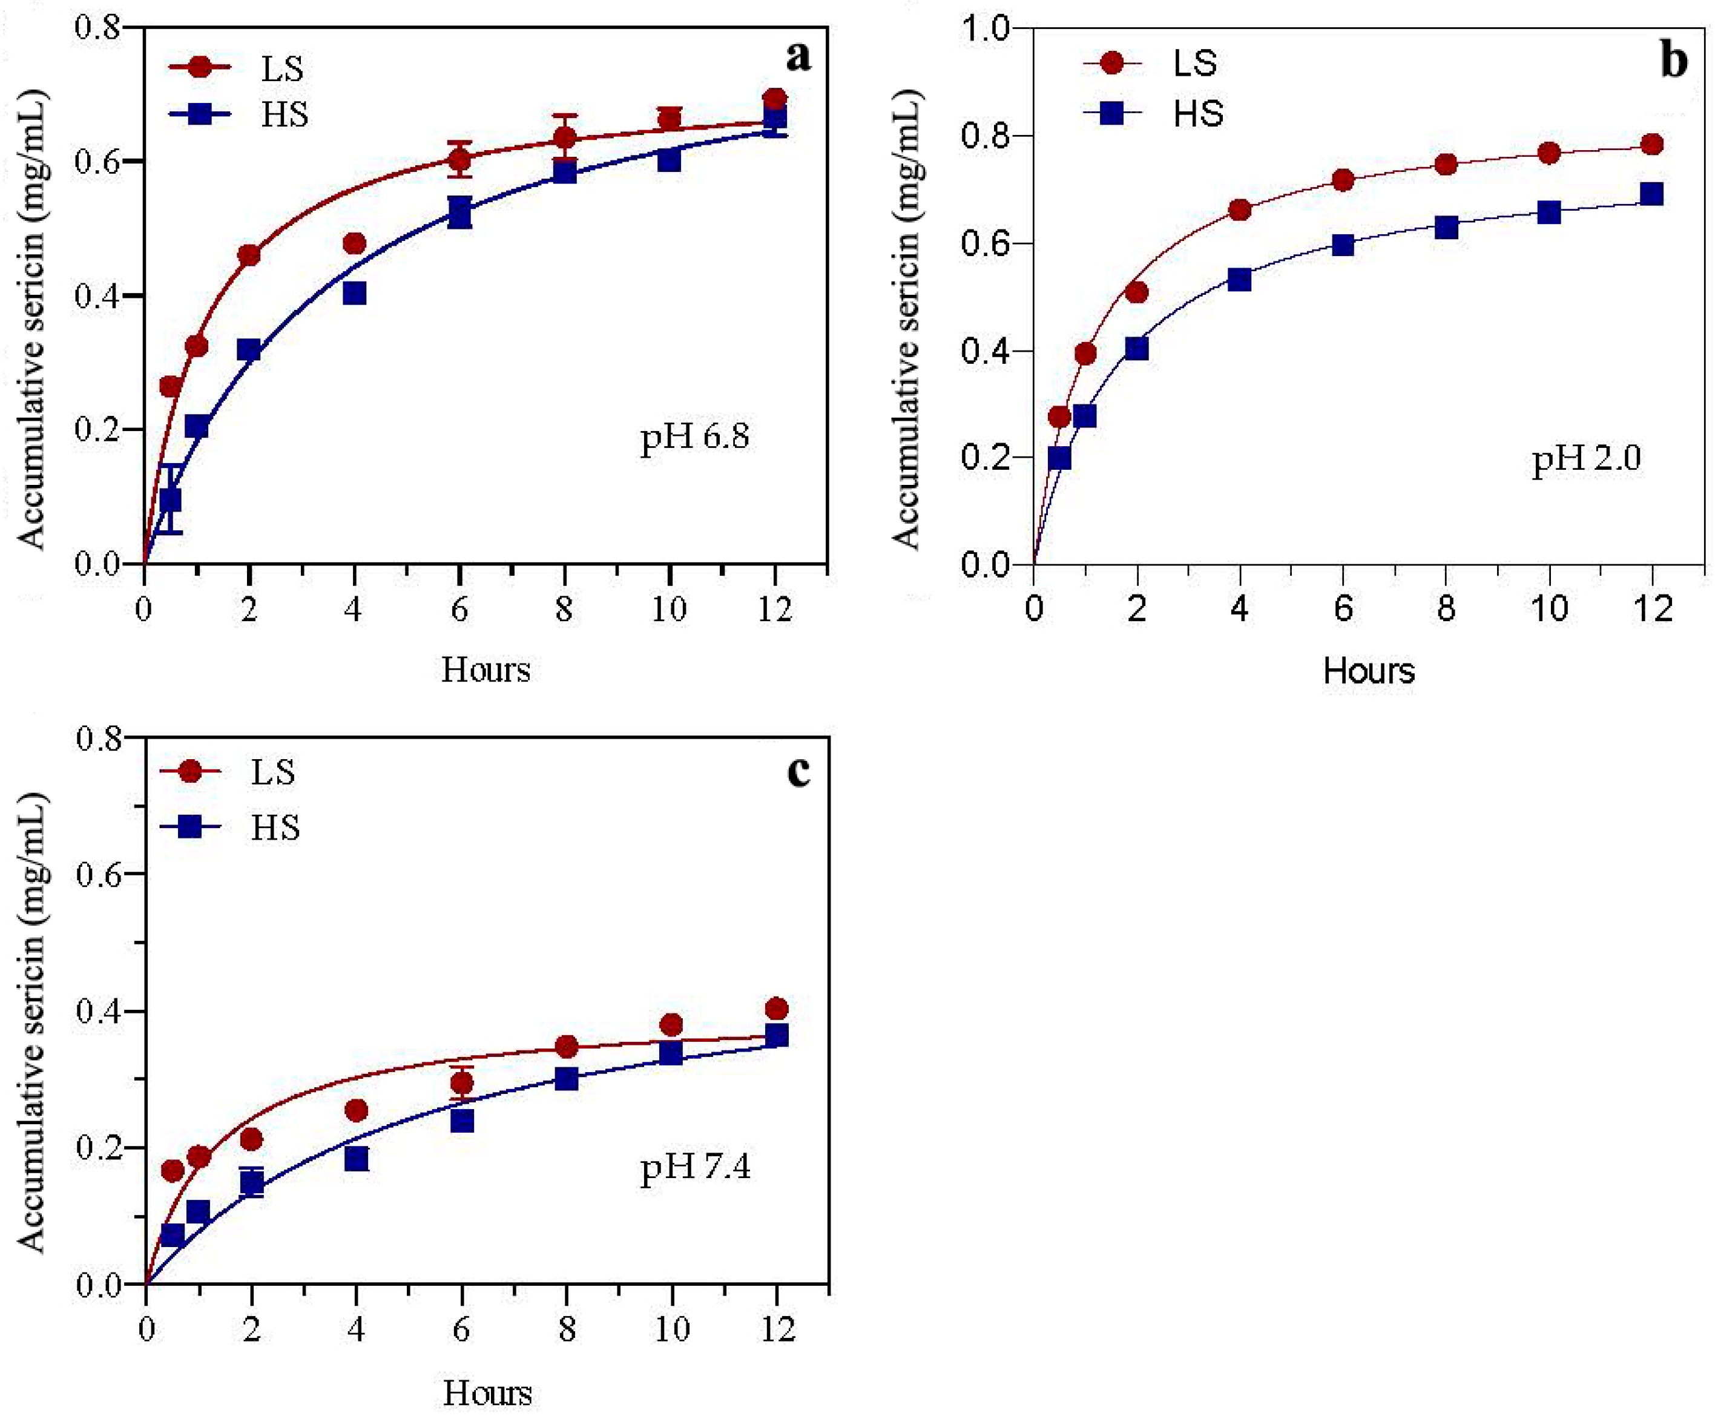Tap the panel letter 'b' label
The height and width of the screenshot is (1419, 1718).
(x=1674, y=61)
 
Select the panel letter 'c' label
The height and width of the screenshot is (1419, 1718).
(x=798, y=770)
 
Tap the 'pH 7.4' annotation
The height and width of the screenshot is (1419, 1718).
(x=696, y=1167)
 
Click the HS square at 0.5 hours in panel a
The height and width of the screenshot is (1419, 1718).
(x=170, y=499)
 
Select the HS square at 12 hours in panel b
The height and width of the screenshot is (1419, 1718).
(x=1651, y=194)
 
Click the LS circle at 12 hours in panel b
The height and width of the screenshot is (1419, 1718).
(x=1651, y=145)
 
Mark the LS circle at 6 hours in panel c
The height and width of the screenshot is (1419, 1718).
(x=462, y=1083)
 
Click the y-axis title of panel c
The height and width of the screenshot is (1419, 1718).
(x=33, y=1022)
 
